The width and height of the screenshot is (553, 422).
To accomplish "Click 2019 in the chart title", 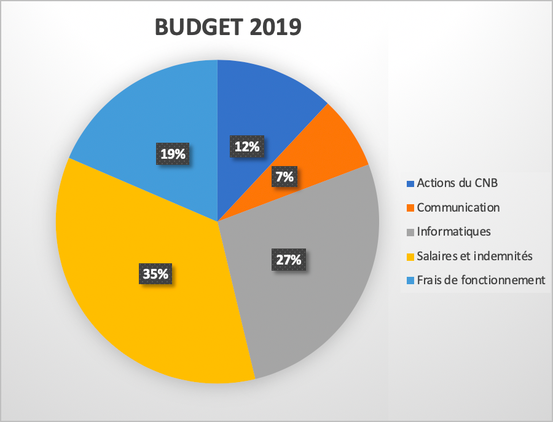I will [x=272, y=28].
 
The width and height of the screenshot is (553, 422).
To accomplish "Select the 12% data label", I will [x=246, y=146].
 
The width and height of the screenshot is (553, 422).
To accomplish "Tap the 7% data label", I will [x=284, y=177].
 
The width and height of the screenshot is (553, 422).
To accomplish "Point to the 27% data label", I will [x=288, y=259].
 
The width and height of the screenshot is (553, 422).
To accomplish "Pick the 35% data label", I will [x=155, y=274].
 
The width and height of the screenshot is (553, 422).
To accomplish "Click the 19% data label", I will [x=173, y=154].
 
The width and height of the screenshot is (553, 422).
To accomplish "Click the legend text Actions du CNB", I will [x=457, y=183].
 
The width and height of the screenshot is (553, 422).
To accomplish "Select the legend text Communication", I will [x=458, y=207].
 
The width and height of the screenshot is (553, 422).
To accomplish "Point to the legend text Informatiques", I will [x=453, y=231].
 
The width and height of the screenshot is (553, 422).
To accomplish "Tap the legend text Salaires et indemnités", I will [x=474, y=256].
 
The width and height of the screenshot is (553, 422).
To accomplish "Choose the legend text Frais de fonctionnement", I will [x=480, y=280].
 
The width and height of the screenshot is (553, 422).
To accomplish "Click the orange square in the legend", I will [x=410, y=208].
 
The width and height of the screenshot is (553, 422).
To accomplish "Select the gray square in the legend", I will [x=410, y=232].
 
